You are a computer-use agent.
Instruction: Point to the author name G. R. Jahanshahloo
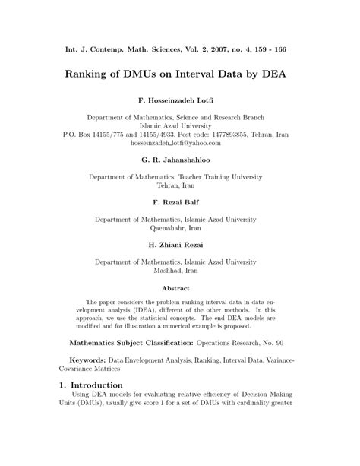[x=179, y=160]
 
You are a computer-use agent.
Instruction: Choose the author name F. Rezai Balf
[x=179, y=203]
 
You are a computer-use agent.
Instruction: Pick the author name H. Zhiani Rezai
[x=179, y=245]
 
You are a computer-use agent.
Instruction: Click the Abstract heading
[x=179, y=288]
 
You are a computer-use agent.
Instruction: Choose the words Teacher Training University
[x=222, y=176]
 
